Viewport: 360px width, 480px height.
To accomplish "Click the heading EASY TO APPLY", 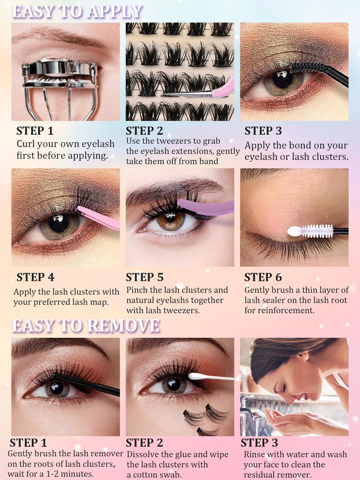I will click(77, 11).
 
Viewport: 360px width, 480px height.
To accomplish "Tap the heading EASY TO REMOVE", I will click(85, 326).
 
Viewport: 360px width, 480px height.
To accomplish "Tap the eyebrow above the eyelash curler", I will click(58, 36).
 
